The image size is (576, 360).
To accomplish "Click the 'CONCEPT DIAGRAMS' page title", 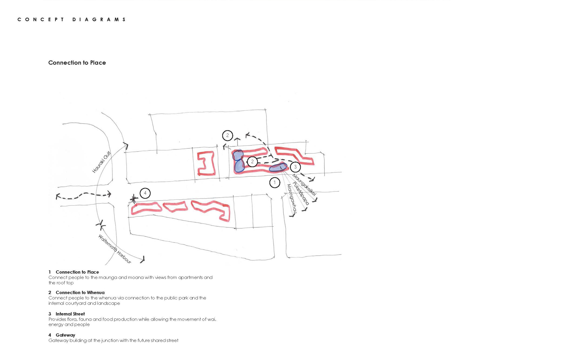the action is pyautogui.click(x=72, y=19).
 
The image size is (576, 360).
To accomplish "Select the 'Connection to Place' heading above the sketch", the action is pyautogui.click(x=77, y=63).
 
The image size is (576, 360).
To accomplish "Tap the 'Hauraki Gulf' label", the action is pyautogui.click(x=101, y=162).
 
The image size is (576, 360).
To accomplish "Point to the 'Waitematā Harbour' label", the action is pyautogui.click(x=115, y=249).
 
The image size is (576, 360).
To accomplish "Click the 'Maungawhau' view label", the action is pyautogui.click(x=292, y=198).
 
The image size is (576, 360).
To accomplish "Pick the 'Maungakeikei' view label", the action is pyautogui.click(x=304, y=185).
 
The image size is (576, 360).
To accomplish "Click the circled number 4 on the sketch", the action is pyautogui.click(x=145, y=193).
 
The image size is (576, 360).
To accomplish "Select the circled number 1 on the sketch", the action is pyautogui.click(x=275, y=183).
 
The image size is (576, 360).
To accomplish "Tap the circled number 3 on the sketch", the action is pyautogui.click(x=295, y=167).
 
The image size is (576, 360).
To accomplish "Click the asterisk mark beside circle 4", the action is pyautogui.click(x=134, y=199).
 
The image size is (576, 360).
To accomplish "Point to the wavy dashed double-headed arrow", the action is pyautogui.click(x=84, y=195).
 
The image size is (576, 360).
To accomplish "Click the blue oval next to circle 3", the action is pyautogui.click(x=278, y=167).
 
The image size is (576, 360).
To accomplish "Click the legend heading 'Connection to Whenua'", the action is pyautogui.click(x=80, y=293).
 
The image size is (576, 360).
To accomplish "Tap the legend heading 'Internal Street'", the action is pyautogui.click(x=70, y=314).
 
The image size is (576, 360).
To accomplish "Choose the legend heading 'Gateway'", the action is pyautogui.click(x=65, y=335).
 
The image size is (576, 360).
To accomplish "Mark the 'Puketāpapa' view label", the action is pyautogui.click(x=300, y=193).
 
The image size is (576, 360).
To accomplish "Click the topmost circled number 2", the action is pyautogui.click(x=228, y=135).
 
